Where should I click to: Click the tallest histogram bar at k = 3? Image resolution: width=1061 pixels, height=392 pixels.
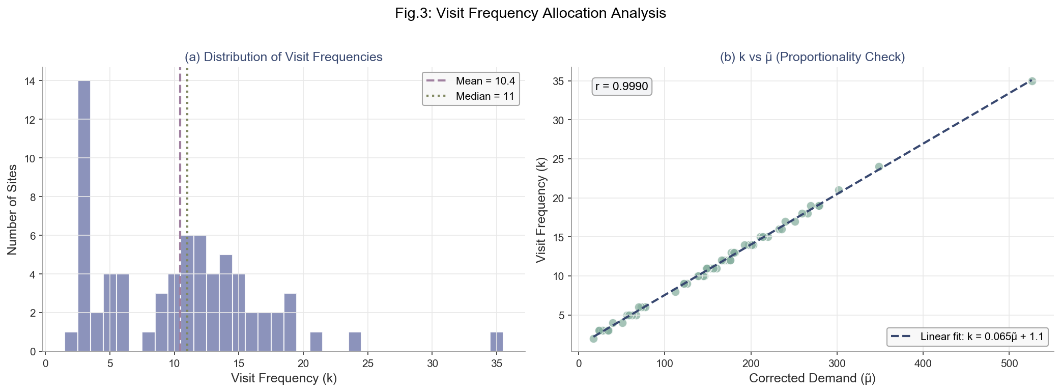pos(84,216)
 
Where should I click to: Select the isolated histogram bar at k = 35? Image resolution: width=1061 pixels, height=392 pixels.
pos(497,342)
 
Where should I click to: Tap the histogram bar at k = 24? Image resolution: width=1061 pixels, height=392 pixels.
pos(355,342)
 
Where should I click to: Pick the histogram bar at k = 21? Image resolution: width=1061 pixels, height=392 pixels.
pos(316,342)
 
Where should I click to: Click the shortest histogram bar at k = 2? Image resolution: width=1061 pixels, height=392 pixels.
pos(71,342)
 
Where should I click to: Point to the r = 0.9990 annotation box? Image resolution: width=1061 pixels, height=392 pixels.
pos(621,87)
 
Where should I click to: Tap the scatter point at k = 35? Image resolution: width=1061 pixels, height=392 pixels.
pos(1032,81)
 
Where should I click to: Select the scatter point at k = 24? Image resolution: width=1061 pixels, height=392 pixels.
pos(879,167)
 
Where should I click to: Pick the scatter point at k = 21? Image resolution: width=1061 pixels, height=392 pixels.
pos(839,190)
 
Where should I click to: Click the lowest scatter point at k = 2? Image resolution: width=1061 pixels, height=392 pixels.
pos(593,339)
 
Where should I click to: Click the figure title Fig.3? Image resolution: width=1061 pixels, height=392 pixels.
pos(530,13)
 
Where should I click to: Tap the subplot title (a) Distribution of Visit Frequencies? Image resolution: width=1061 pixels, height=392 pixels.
pos(283,57)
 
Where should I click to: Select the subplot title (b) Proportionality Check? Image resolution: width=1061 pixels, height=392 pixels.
pos(812,57)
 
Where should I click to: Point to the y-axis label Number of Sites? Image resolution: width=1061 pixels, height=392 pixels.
pos(13,209)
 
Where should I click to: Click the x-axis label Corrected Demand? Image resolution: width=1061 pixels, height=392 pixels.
pos(812,378)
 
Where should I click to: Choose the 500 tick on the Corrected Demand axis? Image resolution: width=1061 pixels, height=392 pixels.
pos(1009,364)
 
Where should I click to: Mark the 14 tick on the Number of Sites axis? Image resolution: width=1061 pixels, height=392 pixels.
pos(32,81)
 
